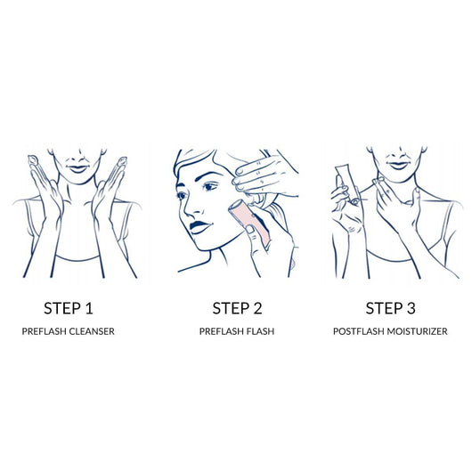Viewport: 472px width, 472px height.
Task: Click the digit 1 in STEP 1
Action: (x=88, y=308)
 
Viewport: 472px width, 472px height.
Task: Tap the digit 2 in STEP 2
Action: (x=256, y=308)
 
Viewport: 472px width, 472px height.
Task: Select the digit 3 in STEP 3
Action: (x=411, y=308)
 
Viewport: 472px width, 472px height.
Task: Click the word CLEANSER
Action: (x=92, y=331)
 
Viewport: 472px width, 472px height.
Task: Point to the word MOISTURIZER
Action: (x=417, y=331)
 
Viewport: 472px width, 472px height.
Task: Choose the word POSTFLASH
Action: (x=359, y=331)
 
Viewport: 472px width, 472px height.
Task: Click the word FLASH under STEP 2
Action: (x=260, y=331)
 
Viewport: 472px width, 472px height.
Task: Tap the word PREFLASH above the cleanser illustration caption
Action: (x=44, y=331)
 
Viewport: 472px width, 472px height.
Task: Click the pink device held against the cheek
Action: (x=248, y=221)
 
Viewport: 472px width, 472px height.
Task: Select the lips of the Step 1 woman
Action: (x=78, y=168)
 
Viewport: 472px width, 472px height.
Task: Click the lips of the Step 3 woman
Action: (x=398, y=166)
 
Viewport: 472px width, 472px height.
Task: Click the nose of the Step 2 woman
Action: (x=189, y=208)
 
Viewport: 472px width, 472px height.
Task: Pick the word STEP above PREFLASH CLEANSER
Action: (x=62, y=308)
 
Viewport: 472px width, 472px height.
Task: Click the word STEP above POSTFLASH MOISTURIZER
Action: (x=385, y=308)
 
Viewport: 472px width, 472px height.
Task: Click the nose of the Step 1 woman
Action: (x=79, y=158)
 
